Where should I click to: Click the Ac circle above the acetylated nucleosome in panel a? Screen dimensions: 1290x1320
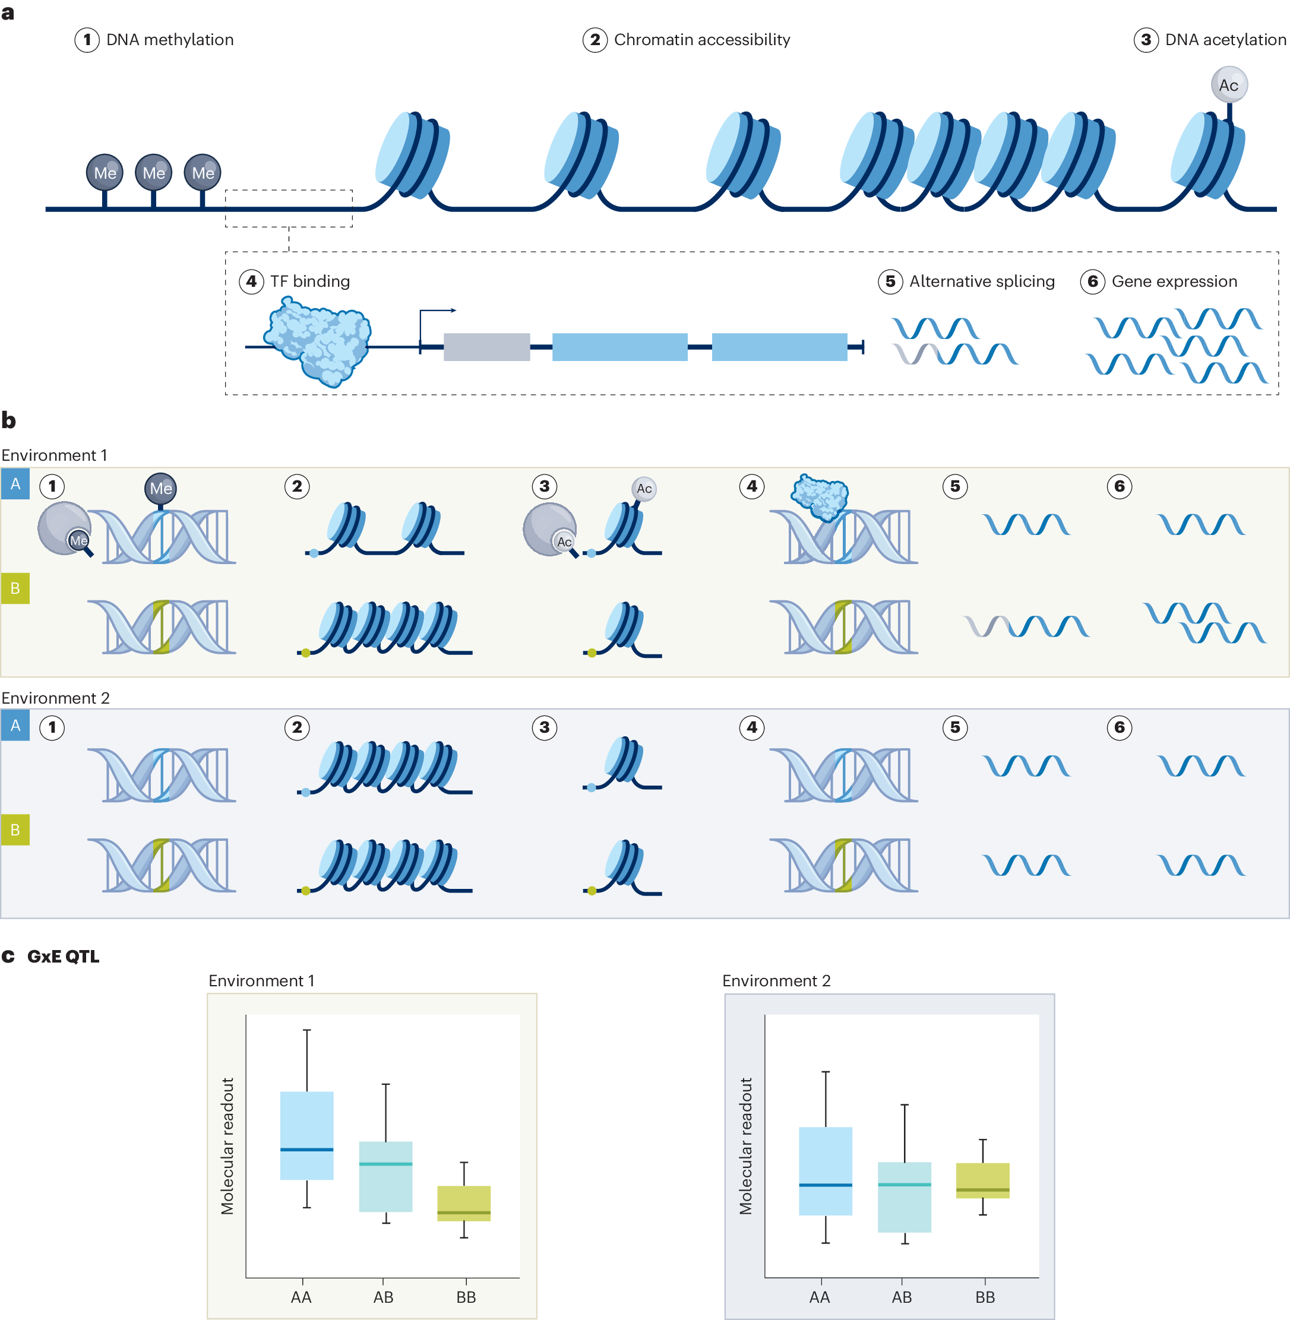(x=1228, y=85)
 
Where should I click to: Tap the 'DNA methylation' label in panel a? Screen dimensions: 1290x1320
(x=169, y=40)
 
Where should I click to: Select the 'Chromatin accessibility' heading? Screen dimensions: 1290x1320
(x=701, y=40)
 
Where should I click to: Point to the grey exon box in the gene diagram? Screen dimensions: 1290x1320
(x=486, y=347)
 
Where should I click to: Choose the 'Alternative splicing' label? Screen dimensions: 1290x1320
(x=981, y=281)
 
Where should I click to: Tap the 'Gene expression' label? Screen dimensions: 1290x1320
(x=1174, y=281)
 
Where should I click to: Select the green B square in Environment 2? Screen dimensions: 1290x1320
(x=15, y=830)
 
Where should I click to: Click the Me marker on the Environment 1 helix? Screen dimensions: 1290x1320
(x=160, y=488)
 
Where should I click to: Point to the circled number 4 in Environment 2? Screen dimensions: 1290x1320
(x=751, y=727)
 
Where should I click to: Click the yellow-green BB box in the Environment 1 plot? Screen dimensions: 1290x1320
(x=463, y=1203)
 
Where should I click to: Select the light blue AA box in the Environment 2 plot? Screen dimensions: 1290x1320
(x=825, y=1170)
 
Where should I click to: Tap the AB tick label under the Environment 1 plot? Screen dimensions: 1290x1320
(x=384, y=1297)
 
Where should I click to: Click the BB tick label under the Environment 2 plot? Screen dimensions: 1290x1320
(x=985, y=1297)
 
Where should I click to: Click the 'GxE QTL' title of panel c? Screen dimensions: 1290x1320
(x=63, y=957)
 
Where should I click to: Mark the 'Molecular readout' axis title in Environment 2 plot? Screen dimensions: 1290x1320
(x=745, y=1146)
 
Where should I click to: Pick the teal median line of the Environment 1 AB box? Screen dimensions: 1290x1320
(x=385, y=1164)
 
